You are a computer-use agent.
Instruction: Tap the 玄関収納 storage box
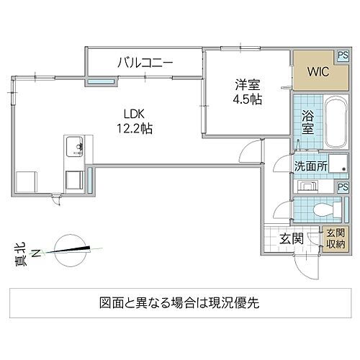coord(336,238)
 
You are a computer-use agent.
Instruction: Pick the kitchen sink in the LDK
coord(73,148)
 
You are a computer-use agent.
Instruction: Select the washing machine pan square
coord(336,165)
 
